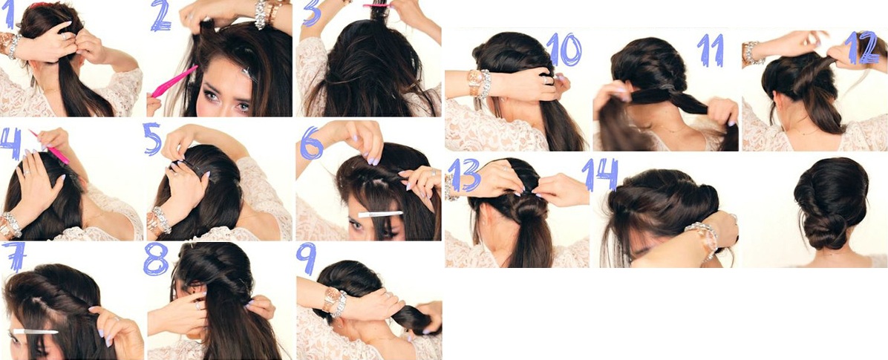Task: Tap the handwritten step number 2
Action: (161, 16)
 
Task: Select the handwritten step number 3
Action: (312, 13)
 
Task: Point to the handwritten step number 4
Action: (10, 143)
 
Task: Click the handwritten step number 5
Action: (153, 139)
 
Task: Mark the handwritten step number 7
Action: (13, 256)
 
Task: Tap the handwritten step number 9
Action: (307, 258)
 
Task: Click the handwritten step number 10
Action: (564, 49)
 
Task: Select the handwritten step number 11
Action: (711, 50)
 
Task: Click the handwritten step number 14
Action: (600, 175)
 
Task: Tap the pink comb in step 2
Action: (173, 82)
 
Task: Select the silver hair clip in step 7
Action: (35, 331)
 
